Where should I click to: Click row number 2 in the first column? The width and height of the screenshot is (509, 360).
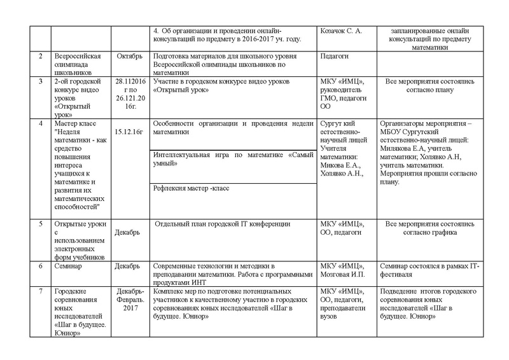point(40,57)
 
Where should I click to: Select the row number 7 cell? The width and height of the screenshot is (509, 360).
point(40,291)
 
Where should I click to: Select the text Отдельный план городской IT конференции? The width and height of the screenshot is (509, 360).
point(223,224)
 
